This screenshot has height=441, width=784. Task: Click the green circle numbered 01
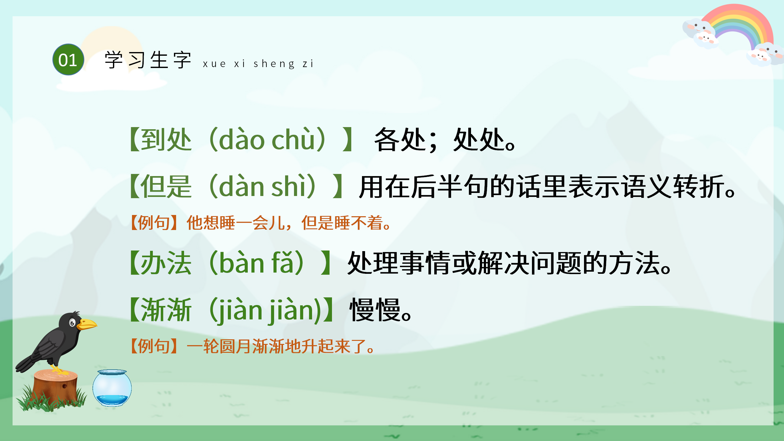(68, 60)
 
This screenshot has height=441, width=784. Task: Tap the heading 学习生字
(148, 60)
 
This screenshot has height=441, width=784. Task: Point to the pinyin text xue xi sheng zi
(258, 64)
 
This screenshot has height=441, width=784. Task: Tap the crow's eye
(72, 322)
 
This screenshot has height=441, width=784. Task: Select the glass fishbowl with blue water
(112, 388)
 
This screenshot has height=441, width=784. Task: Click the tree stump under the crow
(55, 387)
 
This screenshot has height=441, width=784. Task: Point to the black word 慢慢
(375, 310)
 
